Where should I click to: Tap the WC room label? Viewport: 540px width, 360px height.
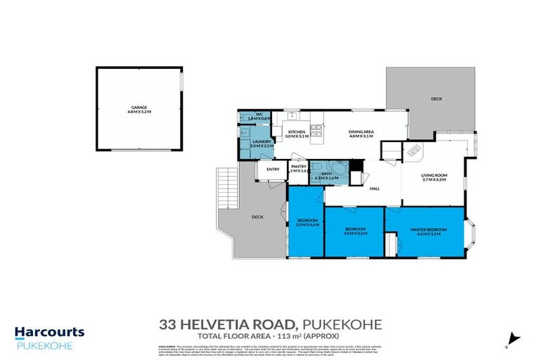click(259, 116)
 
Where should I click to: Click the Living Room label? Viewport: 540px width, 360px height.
click(435, 178)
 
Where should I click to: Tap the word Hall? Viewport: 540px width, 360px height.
click(375, 188)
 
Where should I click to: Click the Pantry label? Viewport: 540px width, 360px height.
click(300, 168)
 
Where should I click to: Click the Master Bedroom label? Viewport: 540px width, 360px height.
click(429, 231)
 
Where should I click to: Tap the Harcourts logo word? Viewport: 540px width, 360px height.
click(50, 332)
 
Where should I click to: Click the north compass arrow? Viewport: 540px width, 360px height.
click(511, 338)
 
